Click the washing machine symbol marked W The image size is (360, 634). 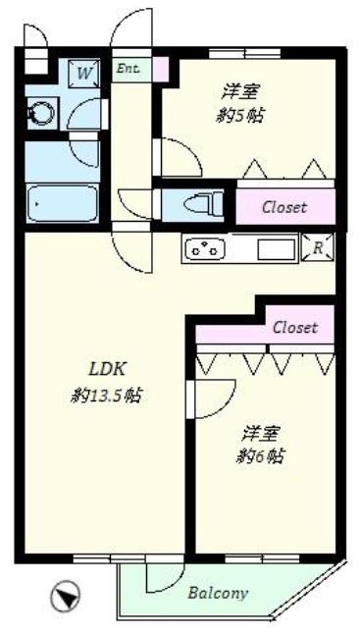click(84, 73)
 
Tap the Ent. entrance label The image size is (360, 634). click(128, 70)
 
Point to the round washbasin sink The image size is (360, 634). click(41, 114)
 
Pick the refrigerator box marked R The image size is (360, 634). click(317, 247)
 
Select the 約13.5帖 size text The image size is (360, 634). click(109, 396)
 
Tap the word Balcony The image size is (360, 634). click(217, 593)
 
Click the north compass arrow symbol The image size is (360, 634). click(66, 594)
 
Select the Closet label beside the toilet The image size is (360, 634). click(283, 207)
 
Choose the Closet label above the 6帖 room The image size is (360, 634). click(294, 328)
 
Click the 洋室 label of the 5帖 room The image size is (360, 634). click(240, 92)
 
